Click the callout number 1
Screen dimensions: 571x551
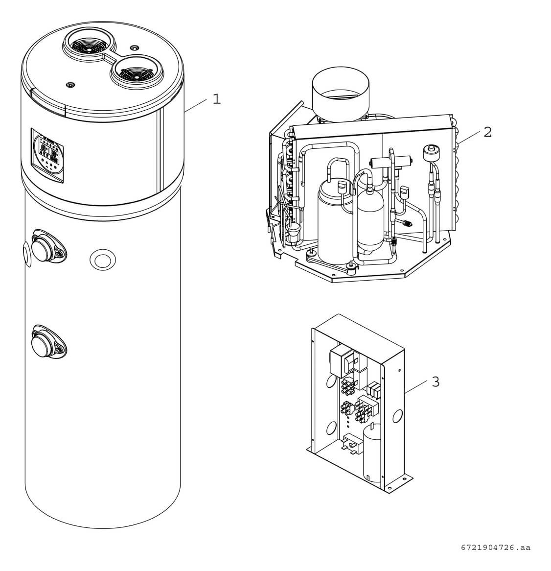(216, 99)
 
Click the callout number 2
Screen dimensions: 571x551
(487, 132)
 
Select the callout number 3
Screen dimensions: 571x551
(436, 381)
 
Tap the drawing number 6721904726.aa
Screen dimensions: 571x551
(495, 547)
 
